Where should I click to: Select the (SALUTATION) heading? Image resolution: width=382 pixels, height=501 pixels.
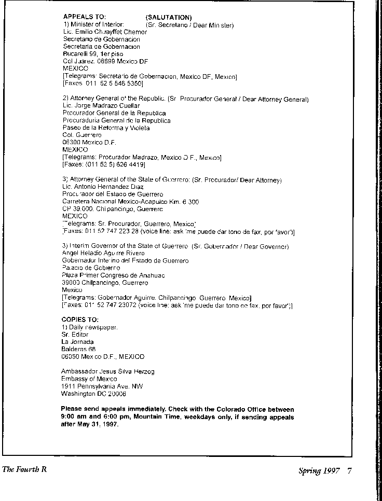point(169,18)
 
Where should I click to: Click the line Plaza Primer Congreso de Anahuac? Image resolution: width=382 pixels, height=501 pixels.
point(113,275)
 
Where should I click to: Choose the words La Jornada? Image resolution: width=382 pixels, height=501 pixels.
point(77,342)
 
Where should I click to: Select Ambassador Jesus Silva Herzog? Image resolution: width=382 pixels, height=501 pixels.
point(107,371)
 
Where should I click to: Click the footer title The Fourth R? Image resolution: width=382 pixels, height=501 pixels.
point(24,470)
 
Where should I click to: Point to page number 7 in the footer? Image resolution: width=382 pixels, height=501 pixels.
point(350,471)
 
